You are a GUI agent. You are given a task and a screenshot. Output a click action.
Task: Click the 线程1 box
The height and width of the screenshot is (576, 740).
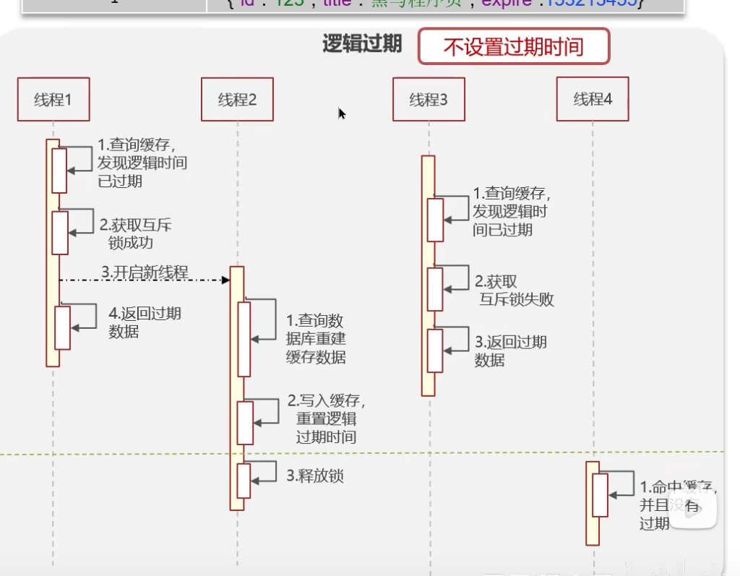click(53, 99)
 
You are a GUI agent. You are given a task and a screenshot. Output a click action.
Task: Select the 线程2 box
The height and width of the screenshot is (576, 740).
click(238, 99)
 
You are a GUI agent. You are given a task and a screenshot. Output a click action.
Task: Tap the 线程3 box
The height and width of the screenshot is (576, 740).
click(429, 99)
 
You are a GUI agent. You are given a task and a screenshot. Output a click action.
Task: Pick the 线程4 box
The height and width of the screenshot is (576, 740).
click(593, 99)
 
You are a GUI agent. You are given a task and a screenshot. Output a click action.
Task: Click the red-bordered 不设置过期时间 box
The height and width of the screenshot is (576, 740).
click(513, 47)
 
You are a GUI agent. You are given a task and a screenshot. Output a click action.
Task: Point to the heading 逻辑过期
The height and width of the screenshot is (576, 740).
click(361, 44)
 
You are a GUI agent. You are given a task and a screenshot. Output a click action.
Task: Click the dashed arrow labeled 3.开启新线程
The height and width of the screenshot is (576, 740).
click(145, 279)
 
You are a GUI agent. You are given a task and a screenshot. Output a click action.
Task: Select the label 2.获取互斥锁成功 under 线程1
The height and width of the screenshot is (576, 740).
click(135, 233)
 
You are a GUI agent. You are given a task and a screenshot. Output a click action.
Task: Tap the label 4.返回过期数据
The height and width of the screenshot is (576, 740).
click(145, 322)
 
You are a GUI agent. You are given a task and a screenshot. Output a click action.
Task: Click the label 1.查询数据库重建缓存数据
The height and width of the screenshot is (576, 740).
click(316, 338)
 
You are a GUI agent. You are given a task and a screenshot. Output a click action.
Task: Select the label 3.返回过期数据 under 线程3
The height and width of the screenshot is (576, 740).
click(510, 351)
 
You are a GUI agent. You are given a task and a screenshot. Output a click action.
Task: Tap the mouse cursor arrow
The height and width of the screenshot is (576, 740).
click(341, 113)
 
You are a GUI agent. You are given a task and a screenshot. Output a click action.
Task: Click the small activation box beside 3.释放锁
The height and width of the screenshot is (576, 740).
click(244, 481)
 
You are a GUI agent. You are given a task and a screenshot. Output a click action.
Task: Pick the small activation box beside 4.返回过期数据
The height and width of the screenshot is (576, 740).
click(63, 327)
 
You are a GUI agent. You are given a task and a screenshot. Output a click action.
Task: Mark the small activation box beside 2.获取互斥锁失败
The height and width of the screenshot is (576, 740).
click(434, 289)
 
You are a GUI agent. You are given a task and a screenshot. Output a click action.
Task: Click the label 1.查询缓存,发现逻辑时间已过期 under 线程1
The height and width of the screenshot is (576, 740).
click(142, 163)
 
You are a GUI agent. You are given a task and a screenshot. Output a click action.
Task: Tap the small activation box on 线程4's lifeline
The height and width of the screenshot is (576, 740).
click(600, 495)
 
